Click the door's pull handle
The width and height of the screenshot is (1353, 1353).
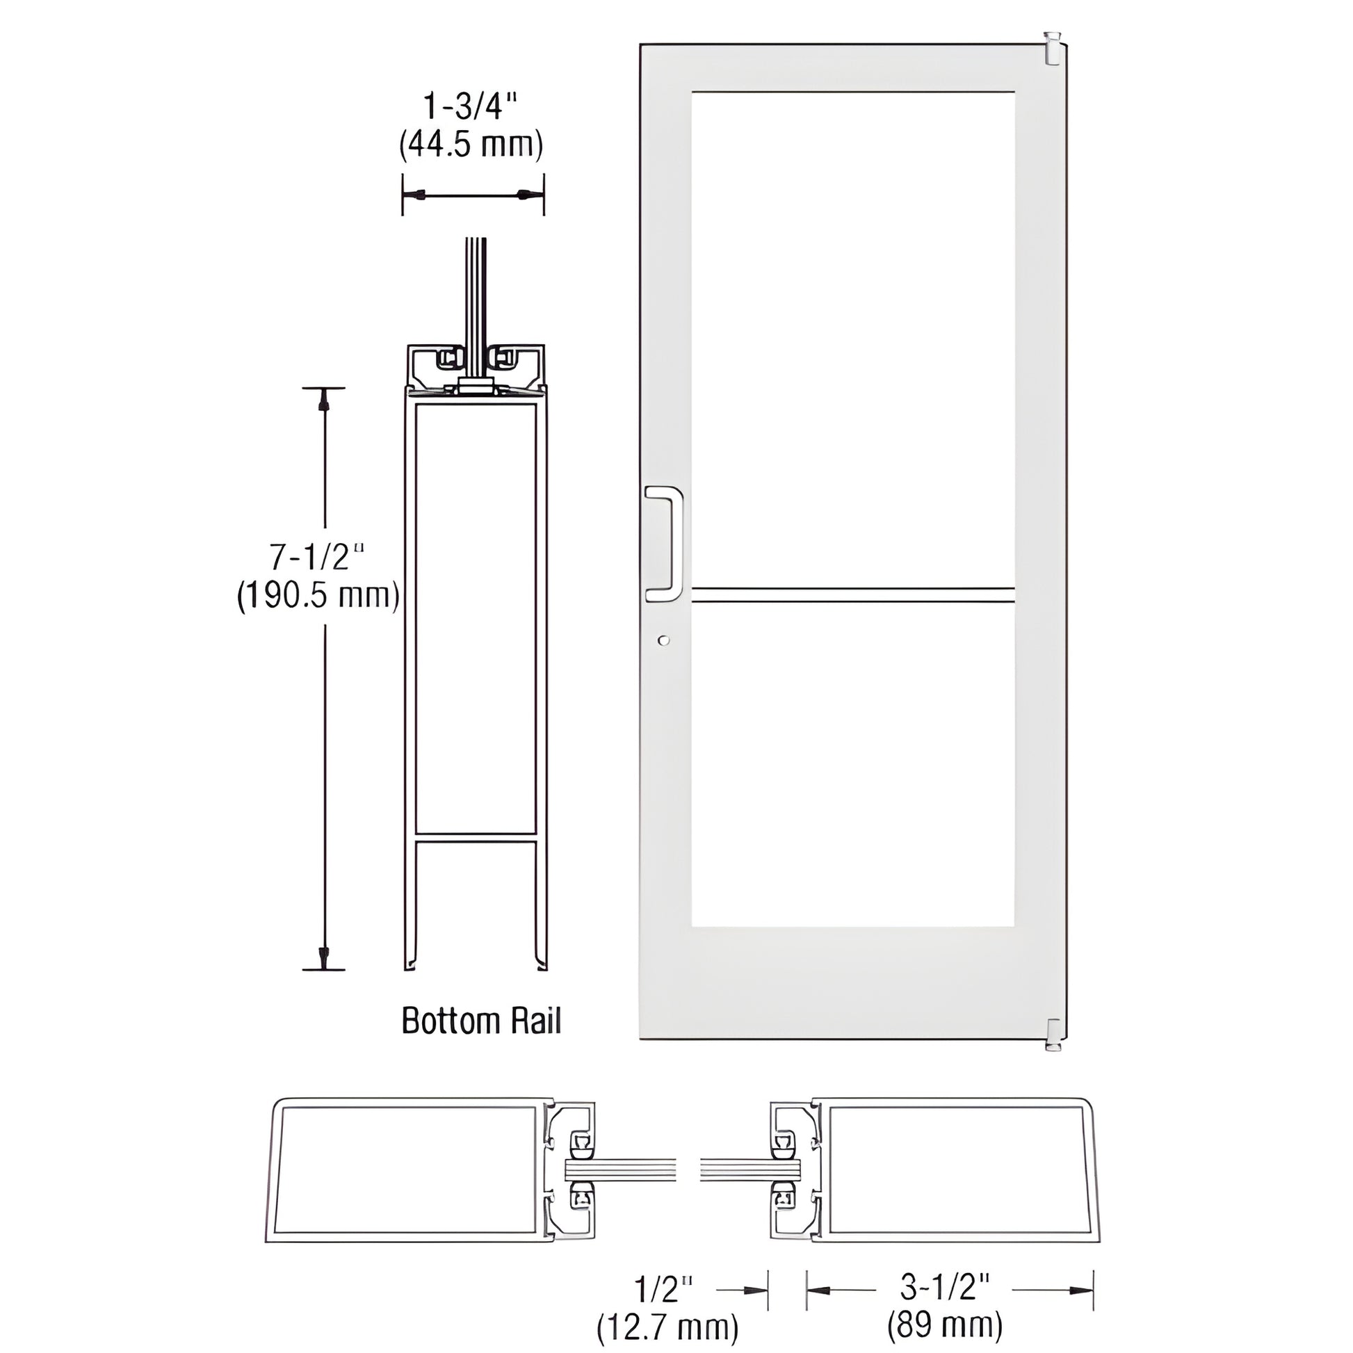click(x=664, y=544)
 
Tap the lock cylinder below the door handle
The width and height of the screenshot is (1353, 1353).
click(x=664, y=640)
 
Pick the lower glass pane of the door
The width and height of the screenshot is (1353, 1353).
click(x=852, y=765)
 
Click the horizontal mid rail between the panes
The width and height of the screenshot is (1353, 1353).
click(x=852, y=595)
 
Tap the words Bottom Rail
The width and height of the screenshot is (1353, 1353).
click(x=481, y=1021)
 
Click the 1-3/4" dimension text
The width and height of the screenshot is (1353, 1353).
click(x=471, y=108)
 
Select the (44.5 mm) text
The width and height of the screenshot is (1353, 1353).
click(x=471, y=145)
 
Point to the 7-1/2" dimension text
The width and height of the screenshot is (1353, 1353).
click(x=318, y=558)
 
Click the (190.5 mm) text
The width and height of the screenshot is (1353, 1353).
click(x=318, y=596)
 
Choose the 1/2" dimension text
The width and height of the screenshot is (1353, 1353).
click(x=663, y=1288)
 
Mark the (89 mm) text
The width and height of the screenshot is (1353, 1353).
click(x=946, y=1325)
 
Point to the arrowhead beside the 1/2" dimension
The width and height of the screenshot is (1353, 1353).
click(x=755, y=1289)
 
